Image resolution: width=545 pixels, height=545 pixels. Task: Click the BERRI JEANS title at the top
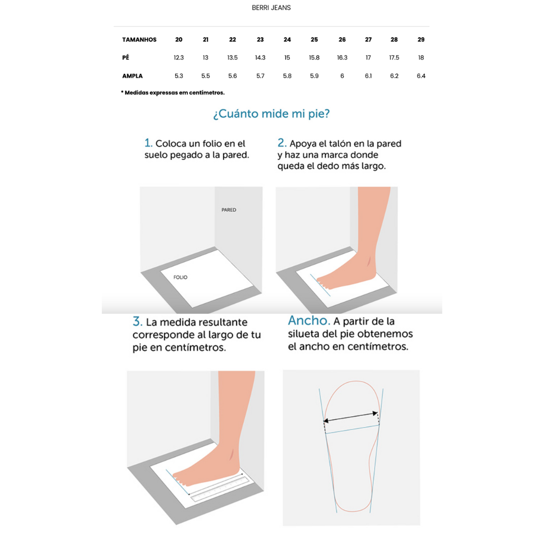[x=271, y=8]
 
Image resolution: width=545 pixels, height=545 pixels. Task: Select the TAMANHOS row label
[x=139, y=40]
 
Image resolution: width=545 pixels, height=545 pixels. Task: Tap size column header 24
[x=287, y=40]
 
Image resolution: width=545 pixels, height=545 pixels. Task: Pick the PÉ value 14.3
[x=260, y=58]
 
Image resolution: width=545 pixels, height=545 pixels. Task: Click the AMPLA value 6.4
[x=421, y=76]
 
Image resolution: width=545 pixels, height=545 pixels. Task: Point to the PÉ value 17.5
[x=394, y=58]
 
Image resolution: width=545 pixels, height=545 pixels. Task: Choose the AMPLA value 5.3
[x=179, y=76]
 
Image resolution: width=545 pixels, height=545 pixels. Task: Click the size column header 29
[x=421, y=40]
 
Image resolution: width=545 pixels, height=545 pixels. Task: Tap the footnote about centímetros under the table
[x=173, y=93]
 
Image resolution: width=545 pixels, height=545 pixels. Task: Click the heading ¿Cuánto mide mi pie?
[x=271, y=114]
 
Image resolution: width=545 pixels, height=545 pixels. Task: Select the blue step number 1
[x=148, y=142]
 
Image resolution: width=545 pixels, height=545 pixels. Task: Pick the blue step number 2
[x=282, y=142]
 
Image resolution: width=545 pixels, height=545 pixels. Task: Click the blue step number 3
[x=137, y=321]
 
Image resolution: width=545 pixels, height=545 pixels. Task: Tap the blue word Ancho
[x=309, y=320]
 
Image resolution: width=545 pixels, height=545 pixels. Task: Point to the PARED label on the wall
[x=229, y=210]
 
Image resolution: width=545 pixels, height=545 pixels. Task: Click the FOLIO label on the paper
[x=180, y=278]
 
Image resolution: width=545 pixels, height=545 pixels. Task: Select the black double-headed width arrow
[x=350, y=417]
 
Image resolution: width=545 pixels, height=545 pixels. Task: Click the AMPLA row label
[x=132, y=76]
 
